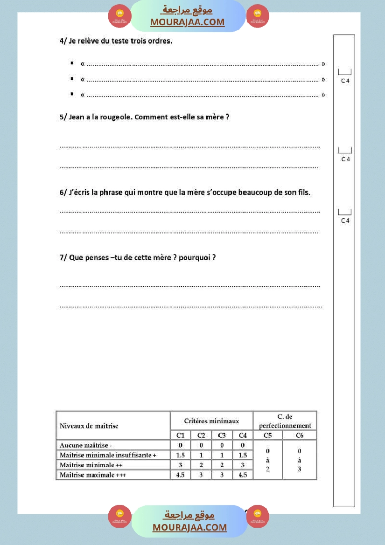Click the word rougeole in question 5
click(115, 117)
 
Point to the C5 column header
click(267, 435)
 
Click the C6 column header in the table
click(300, 435)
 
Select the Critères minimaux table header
click(211, 421)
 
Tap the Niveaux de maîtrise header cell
click(89, 426)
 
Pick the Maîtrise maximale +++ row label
click(93, 475)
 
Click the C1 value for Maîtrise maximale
click(180, 475)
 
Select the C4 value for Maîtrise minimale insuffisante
click(243, 455)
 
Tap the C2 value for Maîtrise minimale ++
click(201, 465)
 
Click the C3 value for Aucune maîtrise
click(222, 446)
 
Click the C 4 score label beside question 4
click(345, 81)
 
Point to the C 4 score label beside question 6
click(345, 221)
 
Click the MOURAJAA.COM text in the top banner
click(188, 22)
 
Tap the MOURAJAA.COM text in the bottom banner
click(189, 527)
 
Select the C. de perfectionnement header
click(285, 421)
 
